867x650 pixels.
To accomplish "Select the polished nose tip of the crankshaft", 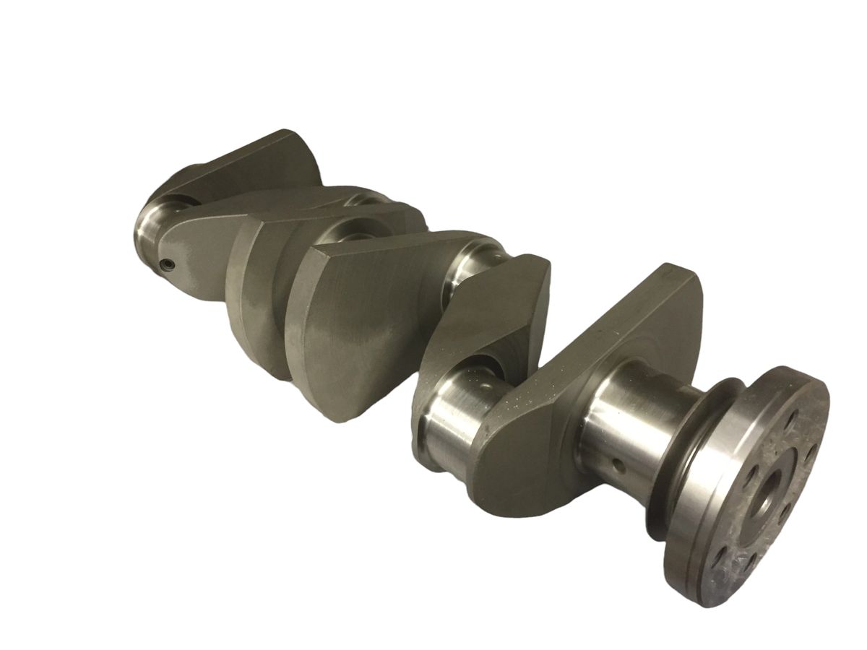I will coord(148,231).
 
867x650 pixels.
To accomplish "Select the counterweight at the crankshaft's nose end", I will coord(238,166).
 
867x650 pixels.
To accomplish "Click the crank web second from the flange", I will coord(491,311).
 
